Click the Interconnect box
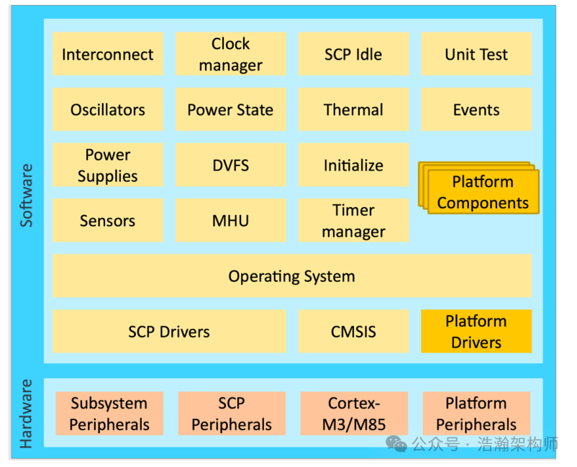coord(108,55)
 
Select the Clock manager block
coord(230,55)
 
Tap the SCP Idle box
coord(353,55)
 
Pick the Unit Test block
coord(476,55)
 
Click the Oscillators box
coord(108,110)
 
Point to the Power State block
coord(230,110)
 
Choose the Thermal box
coord(353,110)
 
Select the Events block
coord(476,110)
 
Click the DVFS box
coord(230,166)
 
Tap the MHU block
coord(230,221)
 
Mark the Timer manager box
coord(353,221)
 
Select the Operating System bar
coord(291,276)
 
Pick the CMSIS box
coord(353,332)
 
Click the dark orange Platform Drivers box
coord(476,332)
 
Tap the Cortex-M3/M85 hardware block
coord(353,414)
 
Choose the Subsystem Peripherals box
coord(109,414)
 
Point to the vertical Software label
coord(27,196)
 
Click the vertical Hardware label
coord(27,414)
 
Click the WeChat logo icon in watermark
coord(396,443)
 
